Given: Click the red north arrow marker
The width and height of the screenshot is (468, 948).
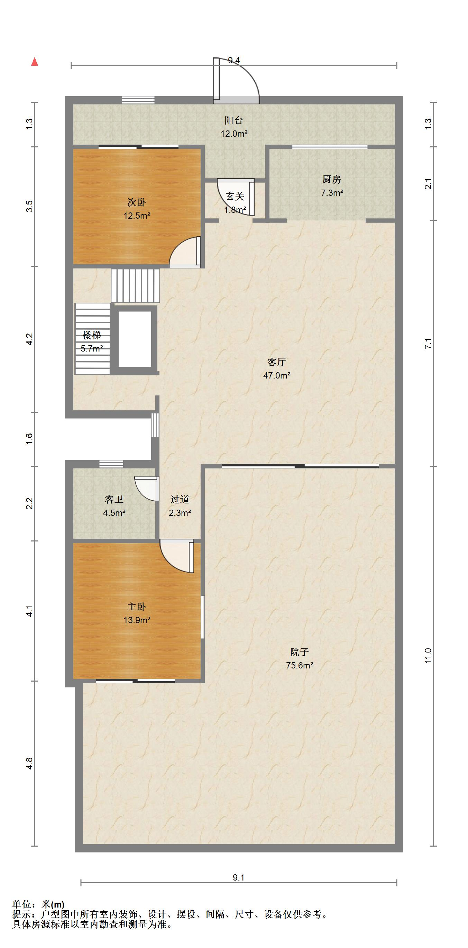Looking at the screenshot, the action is click(35, 62).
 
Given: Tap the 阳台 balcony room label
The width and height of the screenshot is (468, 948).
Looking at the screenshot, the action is click(233, 120).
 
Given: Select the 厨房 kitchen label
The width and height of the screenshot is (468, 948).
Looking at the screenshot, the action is click(331, 179).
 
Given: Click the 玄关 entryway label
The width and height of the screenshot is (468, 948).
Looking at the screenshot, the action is click(235, 196).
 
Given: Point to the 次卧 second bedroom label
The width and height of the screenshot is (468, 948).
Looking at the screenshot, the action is click(137, 202).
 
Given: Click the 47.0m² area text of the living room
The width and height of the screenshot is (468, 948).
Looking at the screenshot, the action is click(277, 375).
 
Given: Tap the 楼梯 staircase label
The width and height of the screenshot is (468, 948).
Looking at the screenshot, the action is click(92, 335).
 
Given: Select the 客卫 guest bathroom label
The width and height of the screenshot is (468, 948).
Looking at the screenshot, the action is click(114, 499).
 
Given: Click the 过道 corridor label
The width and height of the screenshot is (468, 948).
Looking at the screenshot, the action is click(180, 499).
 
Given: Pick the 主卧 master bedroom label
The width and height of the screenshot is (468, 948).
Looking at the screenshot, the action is click(137, 607).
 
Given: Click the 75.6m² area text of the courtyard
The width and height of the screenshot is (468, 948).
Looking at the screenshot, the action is click(300, 665).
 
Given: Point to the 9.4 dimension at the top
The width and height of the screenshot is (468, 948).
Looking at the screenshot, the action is click(234, 60).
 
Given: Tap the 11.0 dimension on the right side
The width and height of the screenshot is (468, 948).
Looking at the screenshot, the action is click(428, 655).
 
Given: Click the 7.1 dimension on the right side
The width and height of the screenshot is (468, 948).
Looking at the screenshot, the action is click(428, 343).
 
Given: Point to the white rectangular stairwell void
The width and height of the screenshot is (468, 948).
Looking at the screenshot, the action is click(135, 339).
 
